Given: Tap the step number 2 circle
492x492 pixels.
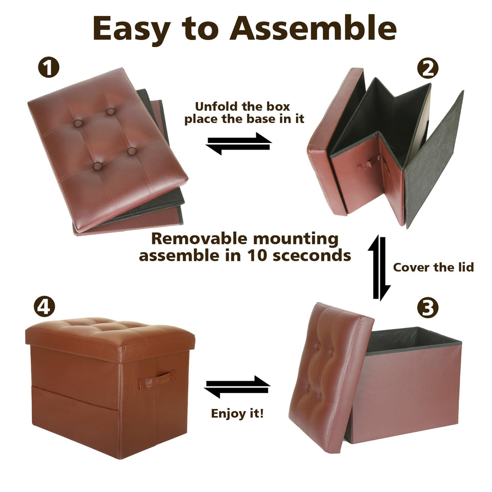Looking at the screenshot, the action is pos(428,68).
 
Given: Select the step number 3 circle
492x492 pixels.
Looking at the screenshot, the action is pos(427,308).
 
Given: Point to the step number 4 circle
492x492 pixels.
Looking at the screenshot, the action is pos(44,306).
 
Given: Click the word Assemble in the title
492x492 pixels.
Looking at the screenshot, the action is pos(313,29).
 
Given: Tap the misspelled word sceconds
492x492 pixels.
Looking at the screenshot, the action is pos(312,256).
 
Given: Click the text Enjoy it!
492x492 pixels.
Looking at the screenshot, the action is pos(237,413).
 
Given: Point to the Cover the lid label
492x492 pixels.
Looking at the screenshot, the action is pos(434,268).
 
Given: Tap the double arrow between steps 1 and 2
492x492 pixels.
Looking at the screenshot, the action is pos(239,143).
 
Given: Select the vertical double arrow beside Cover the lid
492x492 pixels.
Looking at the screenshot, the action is pos(379,268).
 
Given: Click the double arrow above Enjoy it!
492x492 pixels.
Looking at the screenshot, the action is pos(237,386).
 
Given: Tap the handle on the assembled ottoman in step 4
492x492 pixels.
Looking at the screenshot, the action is pos(157,380).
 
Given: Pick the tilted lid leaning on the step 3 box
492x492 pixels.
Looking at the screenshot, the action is pos(332,378).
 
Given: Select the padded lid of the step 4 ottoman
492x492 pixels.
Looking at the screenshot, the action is pos(110,339).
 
